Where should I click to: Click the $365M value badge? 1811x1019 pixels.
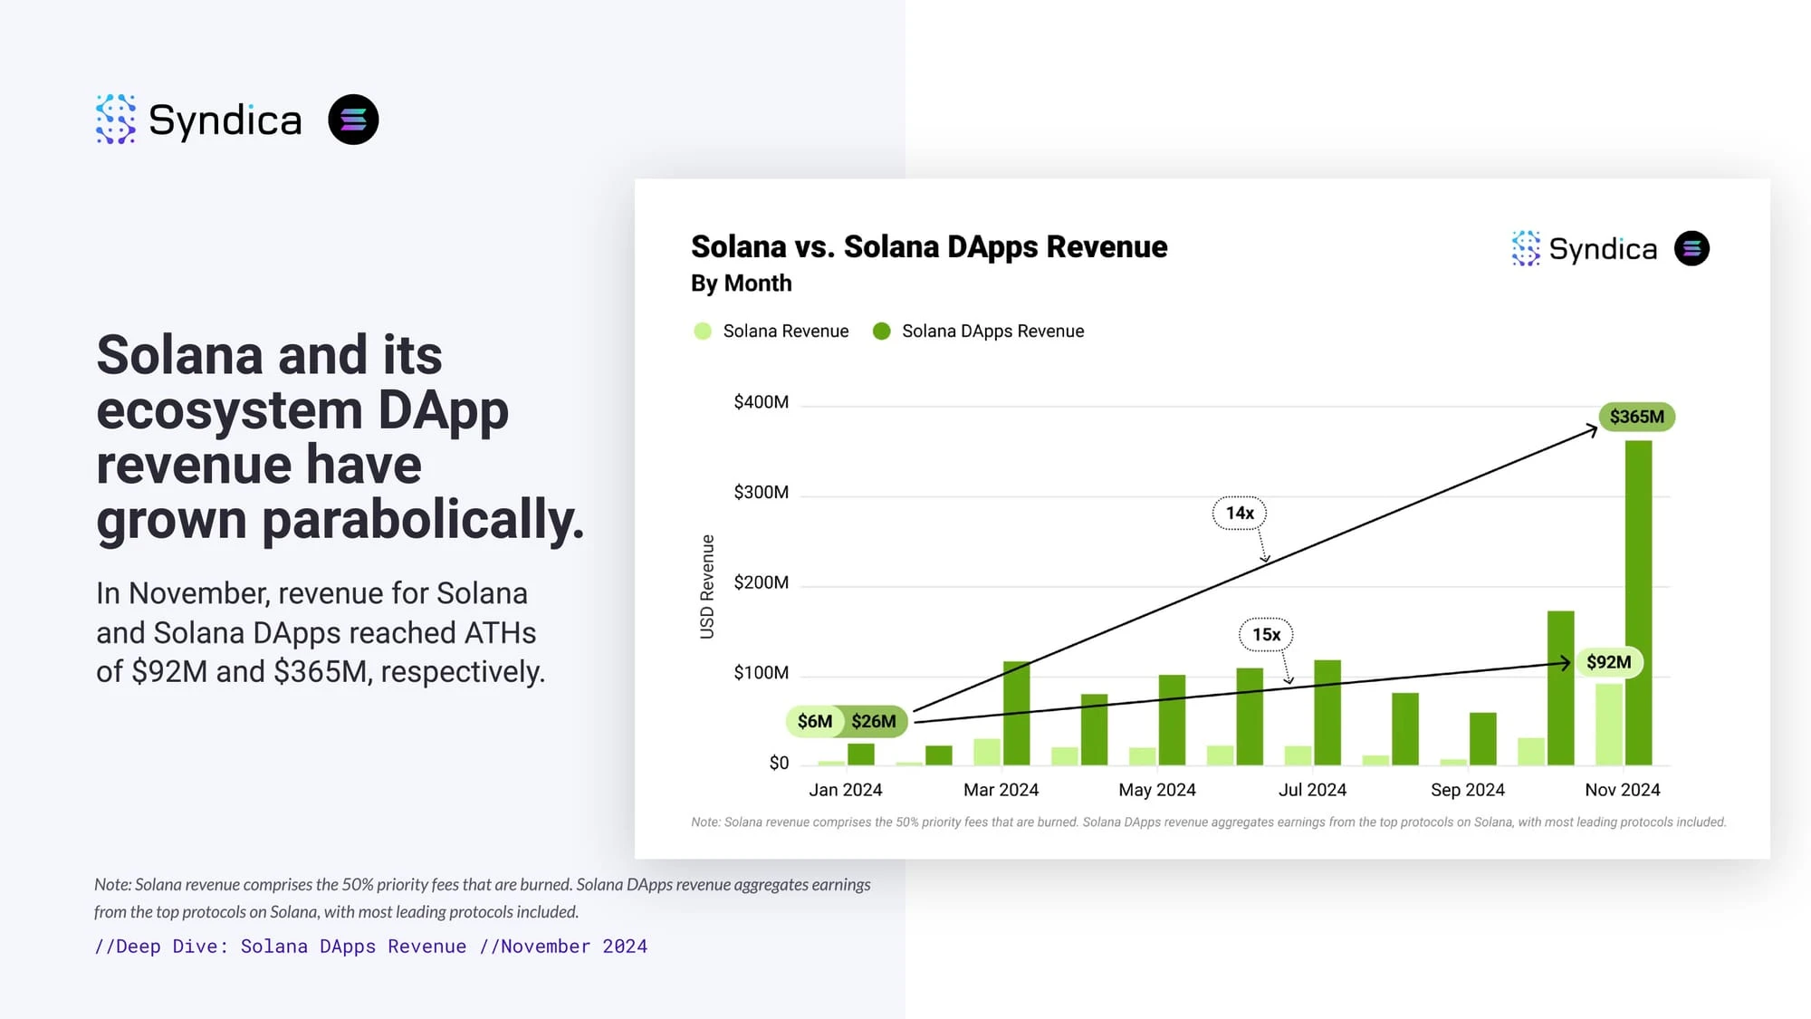1636,417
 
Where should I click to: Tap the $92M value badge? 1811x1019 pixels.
1608,662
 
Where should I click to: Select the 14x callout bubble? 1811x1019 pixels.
1240,513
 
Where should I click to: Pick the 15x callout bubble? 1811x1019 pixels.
1266,635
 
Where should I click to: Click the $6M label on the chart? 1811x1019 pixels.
814,721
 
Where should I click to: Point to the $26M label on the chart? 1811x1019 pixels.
874,721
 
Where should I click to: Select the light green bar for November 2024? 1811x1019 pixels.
1608,725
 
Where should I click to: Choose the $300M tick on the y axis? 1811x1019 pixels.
761,492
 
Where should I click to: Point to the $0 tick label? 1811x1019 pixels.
779,763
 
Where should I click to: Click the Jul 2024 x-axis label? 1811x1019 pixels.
1312,790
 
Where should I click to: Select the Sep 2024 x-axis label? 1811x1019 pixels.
1467,790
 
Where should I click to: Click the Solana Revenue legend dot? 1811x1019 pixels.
703,332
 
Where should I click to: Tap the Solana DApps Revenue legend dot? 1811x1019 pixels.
881,332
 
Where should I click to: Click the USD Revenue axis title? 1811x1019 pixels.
707,587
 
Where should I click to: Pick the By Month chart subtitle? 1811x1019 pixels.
741,284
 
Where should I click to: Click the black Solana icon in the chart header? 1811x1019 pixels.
1691,248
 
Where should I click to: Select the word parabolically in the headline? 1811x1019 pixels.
423,520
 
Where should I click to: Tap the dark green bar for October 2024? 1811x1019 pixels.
1560,688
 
